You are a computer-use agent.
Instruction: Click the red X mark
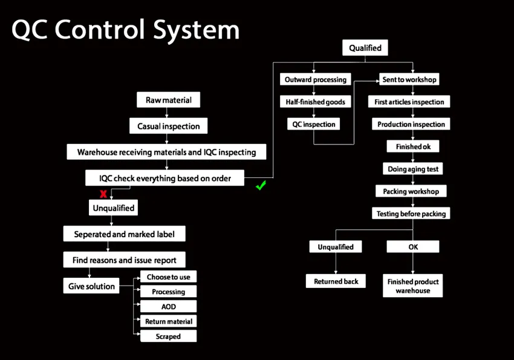103,194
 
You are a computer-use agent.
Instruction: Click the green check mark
261,186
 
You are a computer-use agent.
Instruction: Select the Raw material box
169,100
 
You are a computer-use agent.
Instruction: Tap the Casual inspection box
169,126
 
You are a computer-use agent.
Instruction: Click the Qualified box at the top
365,48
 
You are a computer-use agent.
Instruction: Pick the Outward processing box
315,79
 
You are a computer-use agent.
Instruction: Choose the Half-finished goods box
315,102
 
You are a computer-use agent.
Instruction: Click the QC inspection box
313,124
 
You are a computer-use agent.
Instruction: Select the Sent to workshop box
409,79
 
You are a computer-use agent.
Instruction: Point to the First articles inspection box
409,102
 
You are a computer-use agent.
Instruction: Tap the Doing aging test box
413,169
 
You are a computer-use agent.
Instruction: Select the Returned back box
336,281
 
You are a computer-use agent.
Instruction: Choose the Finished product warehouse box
413,286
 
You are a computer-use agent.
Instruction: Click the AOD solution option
168,306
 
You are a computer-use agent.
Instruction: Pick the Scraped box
168,336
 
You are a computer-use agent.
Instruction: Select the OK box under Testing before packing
413,247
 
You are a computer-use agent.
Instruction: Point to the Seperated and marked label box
124,234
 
